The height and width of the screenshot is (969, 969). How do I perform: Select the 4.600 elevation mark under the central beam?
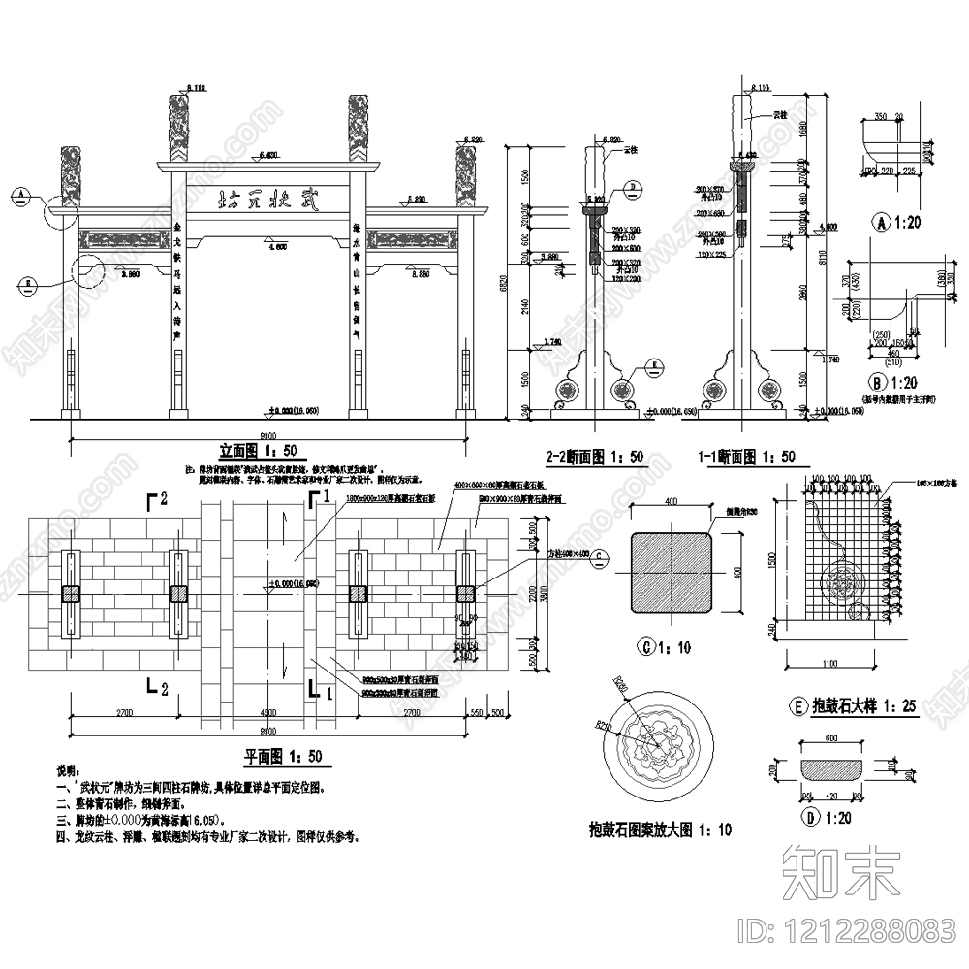coord(274,249)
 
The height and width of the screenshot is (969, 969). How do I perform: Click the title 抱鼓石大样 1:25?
coord(853,707)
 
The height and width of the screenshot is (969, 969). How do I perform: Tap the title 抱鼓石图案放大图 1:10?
coord(661,828)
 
